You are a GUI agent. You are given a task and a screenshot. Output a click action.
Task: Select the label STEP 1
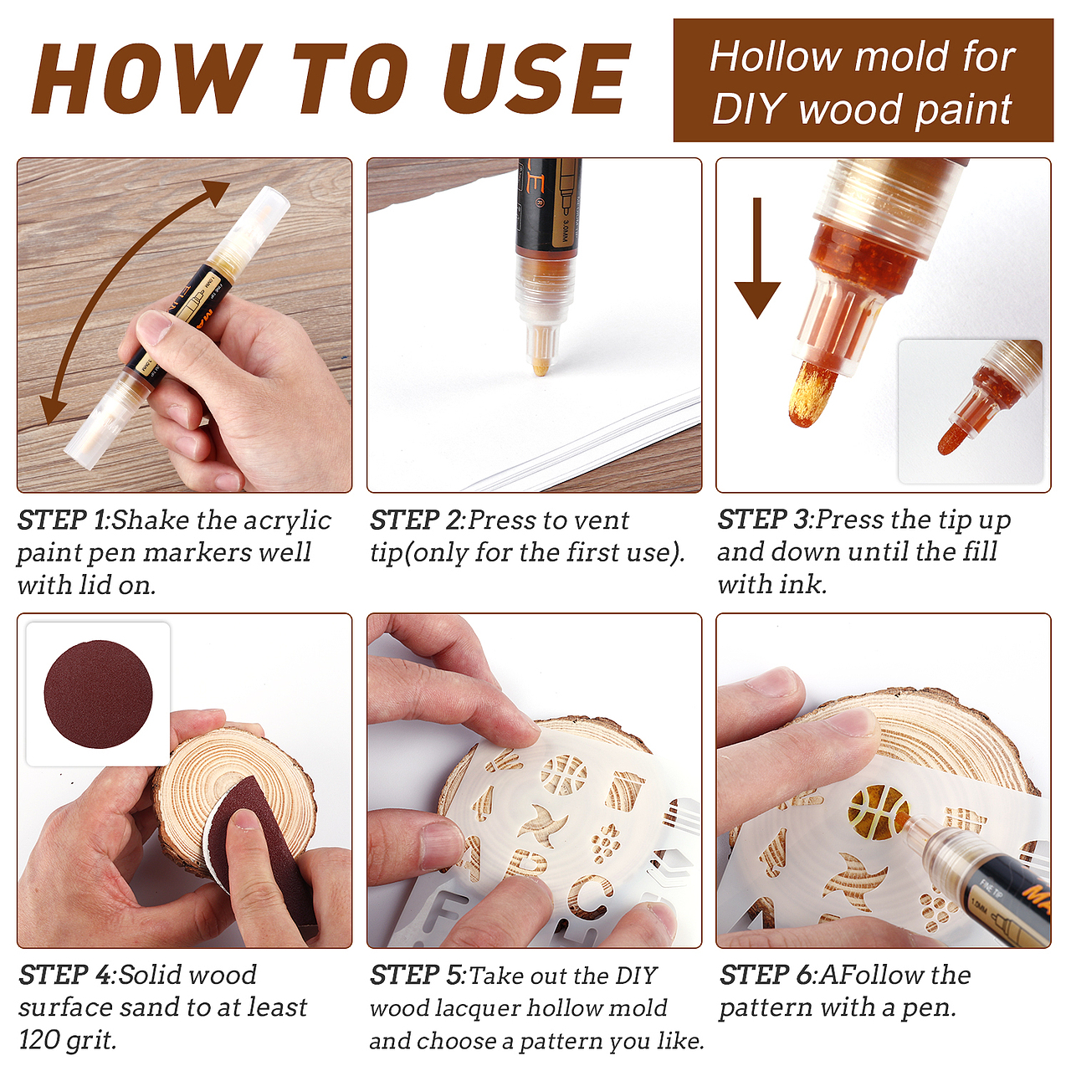click(62, 520)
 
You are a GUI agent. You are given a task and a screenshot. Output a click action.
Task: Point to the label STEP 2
click(415, 520)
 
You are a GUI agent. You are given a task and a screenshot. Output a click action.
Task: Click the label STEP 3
click(762, 520)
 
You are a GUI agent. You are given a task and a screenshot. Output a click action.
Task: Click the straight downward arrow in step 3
click(757, 258)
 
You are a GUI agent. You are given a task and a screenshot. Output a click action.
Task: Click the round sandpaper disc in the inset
click(99, 694)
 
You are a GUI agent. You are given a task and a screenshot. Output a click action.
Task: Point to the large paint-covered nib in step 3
click(812, 393)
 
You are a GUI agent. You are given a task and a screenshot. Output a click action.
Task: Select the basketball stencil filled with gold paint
click(879, 812)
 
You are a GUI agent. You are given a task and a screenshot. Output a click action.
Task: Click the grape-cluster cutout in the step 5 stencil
click(604, 843)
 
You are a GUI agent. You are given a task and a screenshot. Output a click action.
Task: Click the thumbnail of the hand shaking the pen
click(185, 325)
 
